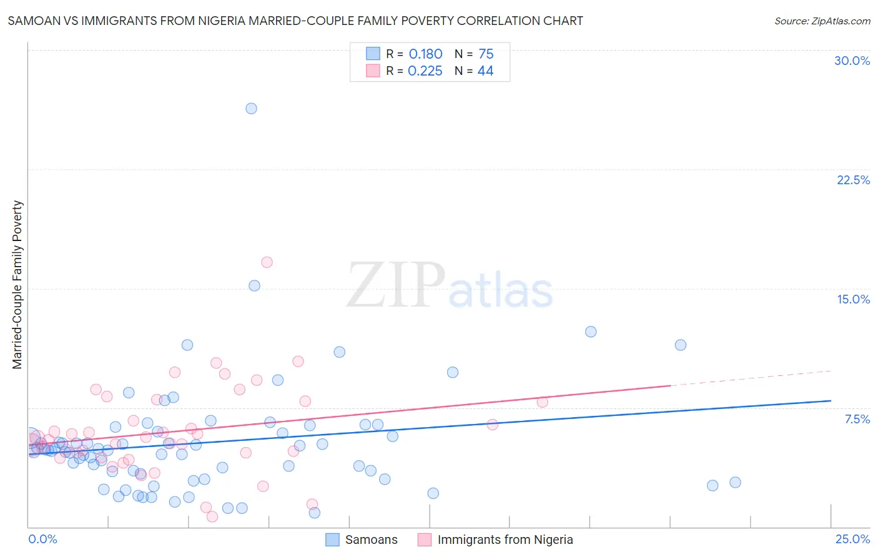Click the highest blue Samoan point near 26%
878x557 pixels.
click(251, 109)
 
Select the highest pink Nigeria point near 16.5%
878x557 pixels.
click(267, 262)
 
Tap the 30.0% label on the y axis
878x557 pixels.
click(852, 61)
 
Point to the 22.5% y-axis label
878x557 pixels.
click(853, 180)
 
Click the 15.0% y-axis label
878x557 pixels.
click(853, 299)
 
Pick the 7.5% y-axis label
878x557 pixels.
click(857, 419)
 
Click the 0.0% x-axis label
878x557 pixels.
click(42, 539)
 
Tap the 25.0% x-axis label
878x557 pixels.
click(852, 539)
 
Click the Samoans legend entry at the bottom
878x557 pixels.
click(371, 540)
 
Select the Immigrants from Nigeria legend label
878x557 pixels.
click(505, 540)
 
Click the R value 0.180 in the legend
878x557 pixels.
click(425, 54)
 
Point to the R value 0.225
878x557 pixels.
click(425, 71)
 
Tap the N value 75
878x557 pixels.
click(486, 54)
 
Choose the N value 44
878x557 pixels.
click(485, 71)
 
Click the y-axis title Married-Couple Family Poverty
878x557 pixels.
click(17, 285)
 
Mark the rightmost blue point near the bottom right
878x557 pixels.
click(735, 483)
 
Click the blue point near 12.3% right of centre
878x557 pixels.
click(591, 332)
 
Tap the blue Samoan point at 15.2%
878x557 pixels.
click(254, 286)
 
